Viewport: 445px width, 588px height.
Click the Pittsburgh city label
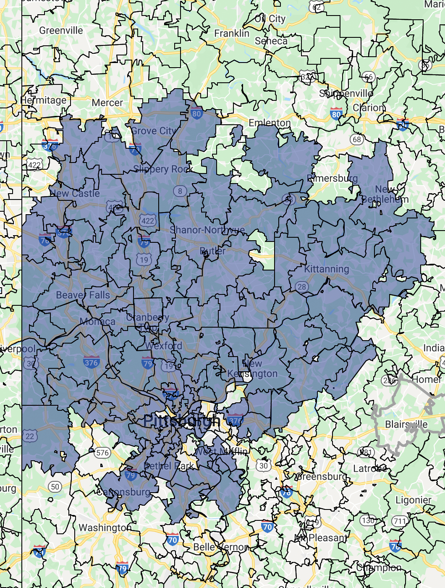[181, 421]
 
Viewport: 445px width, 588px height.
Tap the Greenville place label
[61, 30]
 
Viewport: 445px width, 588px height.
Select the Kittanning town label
[327, 269]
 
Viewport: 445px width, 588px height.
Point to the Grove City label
[154, 131]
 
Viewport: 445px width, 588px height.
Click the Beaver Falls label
[83, 295]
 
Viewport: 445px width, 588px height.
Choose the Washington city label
[105, 528]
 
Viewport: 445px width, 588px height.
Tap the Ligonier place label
[414, 500]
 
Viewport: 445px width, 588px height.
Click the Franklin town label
[232, 33]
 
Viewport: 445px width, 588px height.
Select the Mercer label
[107, 102]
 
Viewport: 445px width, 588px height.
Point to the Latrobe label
[370, 468]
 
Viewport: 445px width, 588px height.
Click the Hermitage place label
[44, 100]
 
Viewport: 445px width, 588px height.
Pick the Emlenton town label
[270, 123]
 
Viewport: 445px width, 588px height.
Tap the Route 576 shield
[102, 452]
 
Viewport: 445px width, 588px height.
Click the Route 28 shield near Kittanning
[302, 287]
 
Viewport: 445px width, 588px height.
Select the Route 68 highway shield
[357, 139]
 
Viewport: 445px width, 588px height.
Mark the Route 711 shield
[400, 521]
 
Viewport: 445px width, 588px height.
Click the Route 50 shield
[55, 487]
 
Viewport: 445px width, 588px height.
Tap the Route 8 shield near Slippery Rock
[180, 191]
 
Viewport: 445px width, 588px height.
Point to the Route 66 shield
[368, 77]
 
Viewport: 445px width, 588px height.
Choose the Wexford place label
[164, 346]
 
